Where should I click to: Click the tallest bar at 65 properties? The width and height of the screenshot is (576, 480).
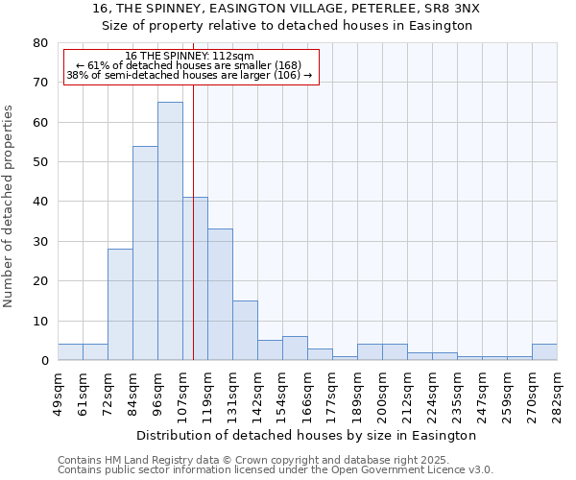coord(170,231)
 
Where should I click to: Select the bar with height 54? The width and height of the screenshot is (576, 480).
coord(145,253)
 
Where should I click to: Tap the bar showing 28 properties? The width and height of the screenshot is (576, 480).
coord(120,305)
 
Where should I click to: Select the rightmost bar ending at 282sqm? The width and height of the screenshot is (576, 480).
coord(544,352)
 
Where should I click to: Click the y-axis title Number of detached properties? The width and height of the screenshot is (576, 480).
coord(10,202)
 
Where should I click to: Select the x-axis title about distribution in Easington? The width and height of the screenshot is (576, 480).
coord(307,436)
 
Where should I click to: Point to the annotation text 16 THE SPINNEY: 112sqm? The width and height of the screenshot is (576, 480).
coord(189,57)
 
